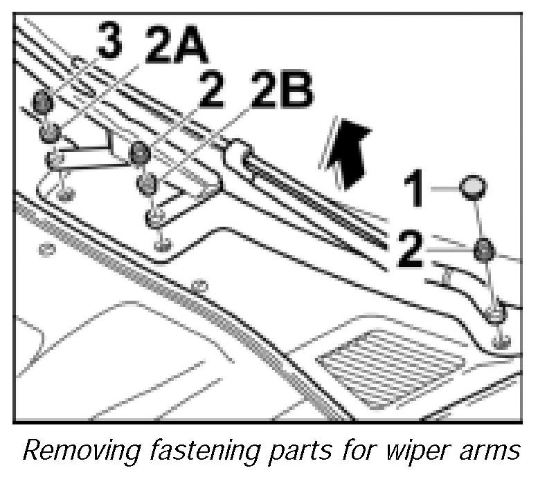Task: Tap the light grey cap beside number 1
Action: (473, 186)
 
